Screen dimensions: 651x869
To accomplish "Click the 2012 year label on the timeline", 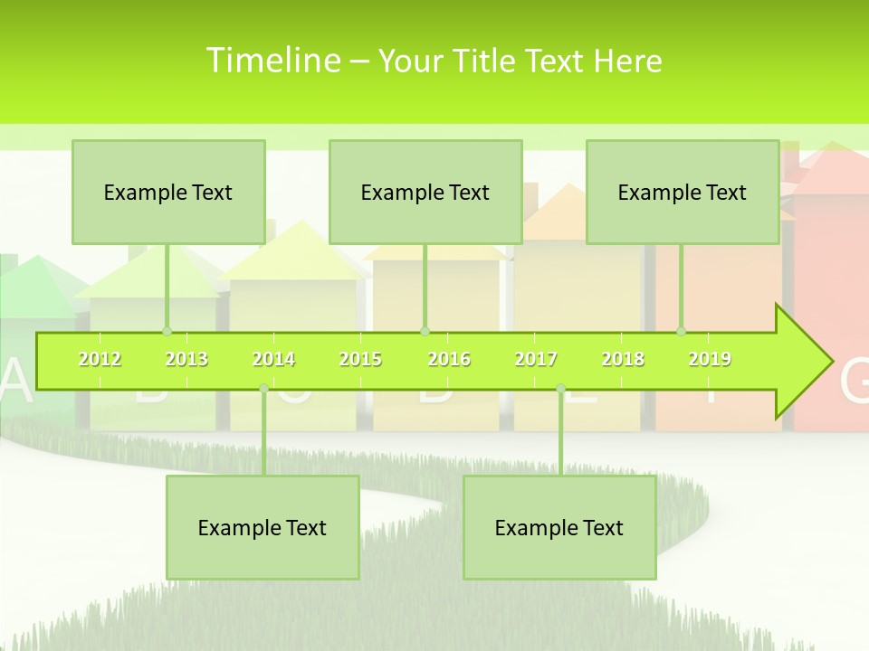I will tap(100, 360).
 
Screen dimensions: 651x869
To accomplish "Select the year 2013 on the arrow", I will tap(186, 360).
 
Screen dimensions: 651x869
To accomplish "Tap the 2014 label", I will tap(273, 360).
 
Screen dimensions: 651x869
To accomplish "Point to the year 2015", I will tap(360, 360).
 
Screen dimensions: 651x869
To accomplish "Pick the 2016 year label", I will tap(449, 360).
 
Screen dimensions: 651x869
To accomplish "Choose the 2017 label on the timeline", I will tap(536, 360).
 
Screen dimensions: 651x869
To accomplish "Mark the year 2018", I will tap(623, 360).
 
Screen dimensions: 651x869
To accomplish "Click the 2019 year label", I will tap(710, 360).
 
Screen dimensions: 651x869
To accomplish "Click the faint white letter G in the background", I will tap(854, 383).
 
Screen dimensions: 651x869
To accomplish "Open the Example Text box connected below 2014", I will tap(263, 528).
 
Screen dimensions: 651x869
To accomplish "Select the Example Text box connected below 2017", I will tap(559, 528).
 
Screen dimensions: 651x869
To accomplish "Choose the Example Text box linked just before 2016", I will tap(425, 193).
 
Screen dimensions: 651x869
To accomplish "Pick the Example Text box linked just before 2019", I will tap(683, 193).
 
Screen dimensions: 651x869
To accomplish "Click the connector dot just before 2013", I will tap(167, 331).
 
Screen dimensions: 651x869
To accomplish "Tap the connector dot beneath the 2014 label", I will tap(263, 389).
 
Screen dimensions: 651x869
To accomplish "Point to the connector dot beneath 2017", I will tap(560, 389).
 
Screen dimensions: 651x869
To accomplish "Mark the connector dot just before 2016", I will tap(425, 331).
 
